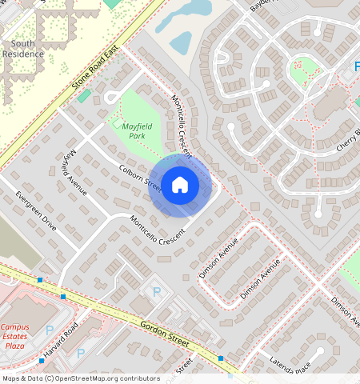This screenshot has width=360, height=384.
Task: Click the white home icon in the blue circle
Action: pyautogui.click(x=180, y=185)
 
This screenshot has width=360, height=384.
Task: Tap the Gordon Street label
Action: pyautogui.click(x=164, y=334)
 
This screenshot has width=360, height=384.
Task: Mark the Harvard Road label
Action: pyautogui.click(x=60, y=341)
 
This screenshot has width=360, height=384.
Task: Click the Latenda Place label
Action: pyautogui.click(x=290, y=365)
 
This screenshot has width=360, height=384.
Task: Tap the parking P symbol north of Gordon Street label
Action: pyautogui.click(x=157, y=292)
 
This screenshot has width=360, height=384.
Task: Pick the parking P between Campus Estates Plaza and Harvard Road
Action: pyautogui.click(x=50, y=330)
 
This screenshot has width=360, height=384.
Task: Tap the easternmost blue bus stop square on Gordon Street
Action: pyautogui.click(x=221, y=358)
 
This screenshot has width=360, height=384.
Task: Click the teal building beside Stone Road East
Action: pyautogui.click(x=84, y=96)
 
